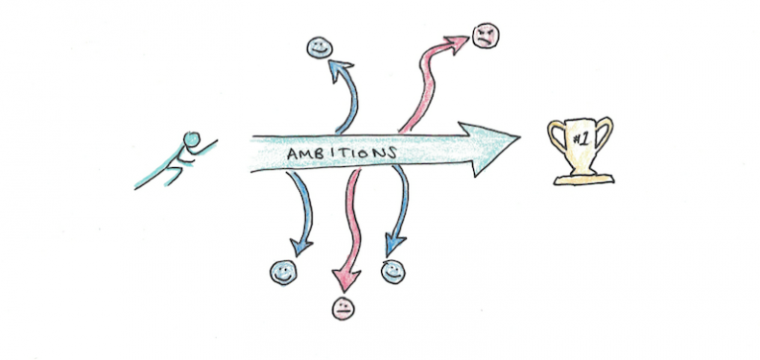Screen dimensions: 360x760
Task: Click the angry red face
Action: click(486, 37)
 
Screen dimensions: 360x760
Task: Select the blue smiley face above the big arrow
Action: click(319, 46)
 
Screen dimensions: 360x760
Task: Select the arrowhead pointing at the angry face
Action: click(457, 42)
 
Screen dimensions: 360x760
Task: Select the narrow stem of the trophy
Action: click(580, 166)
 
